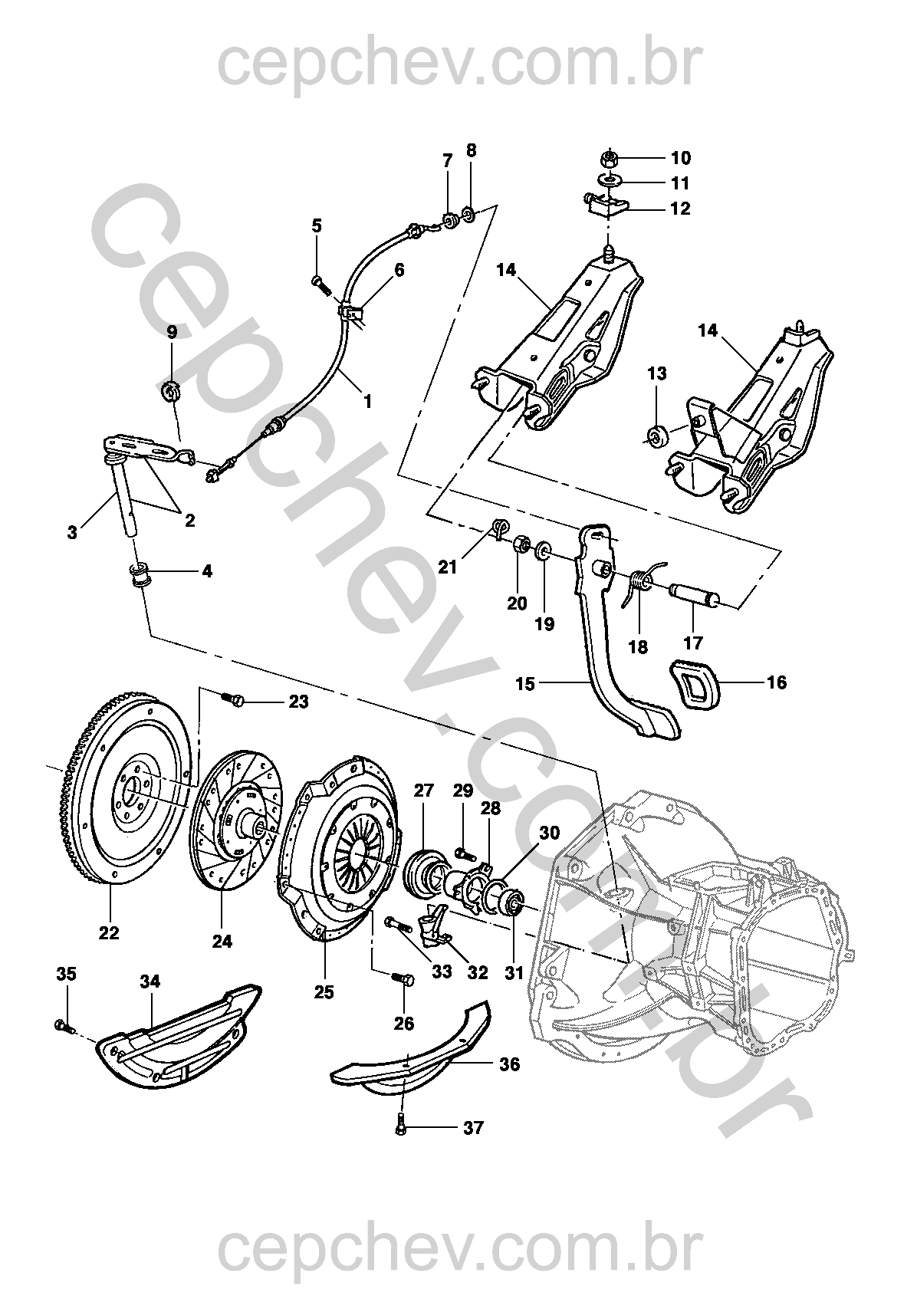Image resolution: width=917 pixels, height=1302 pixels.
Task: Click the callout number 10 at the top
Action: click(681, 158)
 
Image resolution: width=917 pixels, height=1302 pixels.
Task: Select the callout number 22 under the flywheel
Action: click(109, 932)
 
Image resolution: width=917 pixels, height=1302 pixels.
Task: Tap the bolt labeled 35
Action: click(62, 1024)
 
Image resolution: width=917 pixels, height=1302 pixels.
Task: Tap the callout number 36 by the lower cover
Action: click(509, 1064)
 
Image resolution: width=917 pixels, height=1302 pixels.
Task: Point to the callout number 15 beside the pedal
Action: click(525, 682)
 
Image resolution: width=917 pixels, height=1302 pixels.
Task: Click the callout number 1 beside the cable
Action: click(367, 400)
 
